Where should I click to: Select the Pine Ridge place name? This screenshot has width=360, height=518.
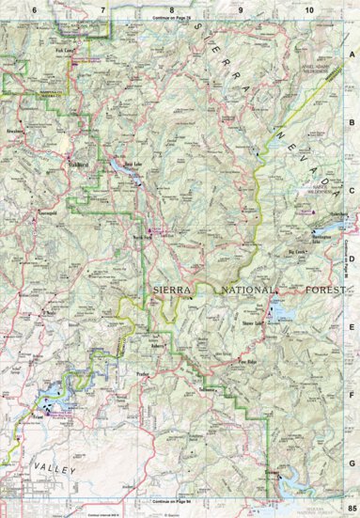click(x=246, y=360)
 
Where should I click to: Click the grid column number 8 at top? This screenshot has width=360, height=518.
click(x=171, y=8)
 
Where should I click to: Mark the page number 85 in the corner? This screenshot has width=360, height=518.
click(x=351, y=509)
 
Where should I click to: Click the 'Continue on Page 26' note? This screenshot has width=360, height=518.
click(x=169, y=17)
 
